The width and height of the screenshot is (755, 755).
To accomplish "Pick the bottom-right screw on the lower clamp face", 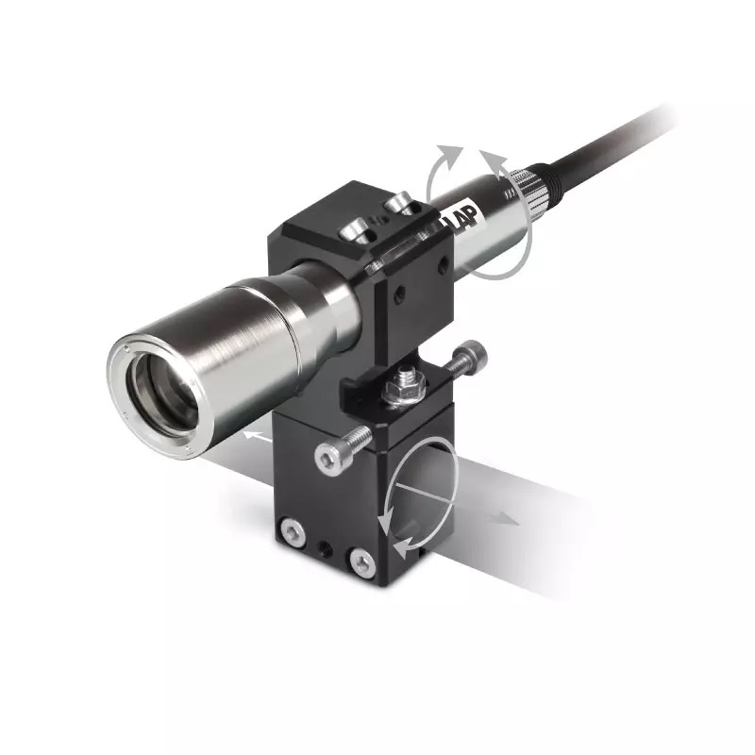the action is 363,562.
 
